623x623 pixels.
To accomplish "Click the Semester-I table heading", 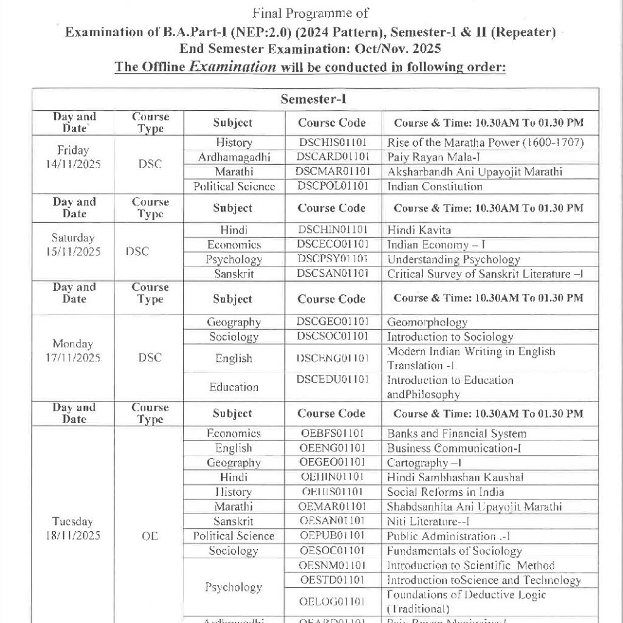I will click(313, 99).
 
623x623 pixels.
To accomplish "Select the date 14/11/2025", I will click(72, 164).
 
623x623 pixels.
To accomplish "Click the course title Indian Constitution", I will click(434, 187).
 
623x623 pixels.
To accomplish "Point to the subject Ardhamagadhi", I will click(234, 158).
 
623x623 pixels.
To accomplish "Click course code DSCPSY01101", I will click(332, 260).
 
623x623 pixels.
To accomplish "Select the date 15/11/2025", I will click(73, 251).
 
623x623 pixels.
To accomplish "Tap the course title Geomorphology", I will click(427, 322).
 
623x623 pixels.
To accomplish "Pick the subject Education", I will click(234, 387).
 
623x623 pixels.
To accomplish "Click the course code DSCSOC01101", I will click(332, 337).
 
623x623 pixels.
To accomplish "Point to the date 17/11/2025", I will click(72, 358).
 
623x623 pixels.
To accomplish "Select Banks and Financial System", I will click(456, 434).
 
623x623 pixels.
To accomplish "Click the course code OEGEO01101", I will click(332, 463).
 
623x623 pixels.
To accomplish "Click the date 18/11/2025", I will click(72, 536).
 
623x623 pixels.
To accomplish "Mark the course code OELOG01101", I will click(332, 602).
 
